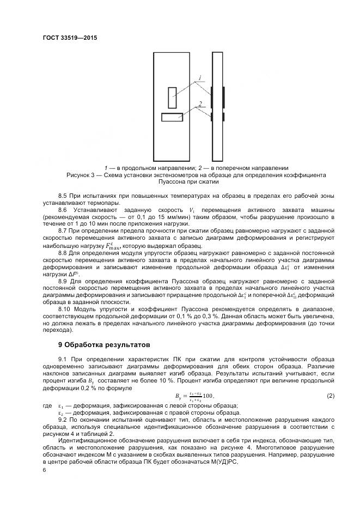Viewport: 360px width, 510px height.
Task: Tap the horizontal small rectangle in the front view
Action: click(x=172, y=117)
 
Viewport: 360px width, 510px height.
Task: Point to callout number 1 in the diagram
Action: click(x=200, y=78)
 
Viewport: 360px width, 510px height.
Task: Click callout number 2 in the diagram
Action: click(x=200, y=103)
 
